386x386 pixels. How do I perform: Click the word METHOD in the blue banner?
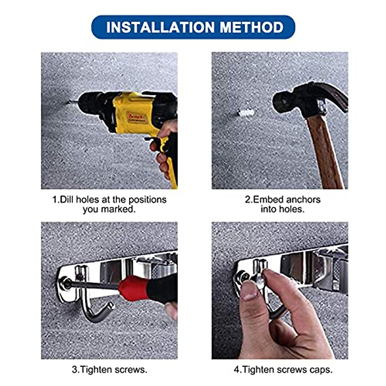click(252, 27)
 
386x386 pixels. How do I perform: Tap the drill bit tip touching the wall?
click(68, 103)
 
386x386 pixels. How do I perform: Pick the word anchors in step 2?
click(303, 200)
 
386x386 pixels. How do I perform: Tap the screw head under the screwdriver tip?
click(67, 283)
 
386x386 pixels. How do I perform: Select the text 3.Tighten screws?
click(109, 370)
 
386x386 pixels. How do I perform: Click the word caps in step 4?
click(320, 370)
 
